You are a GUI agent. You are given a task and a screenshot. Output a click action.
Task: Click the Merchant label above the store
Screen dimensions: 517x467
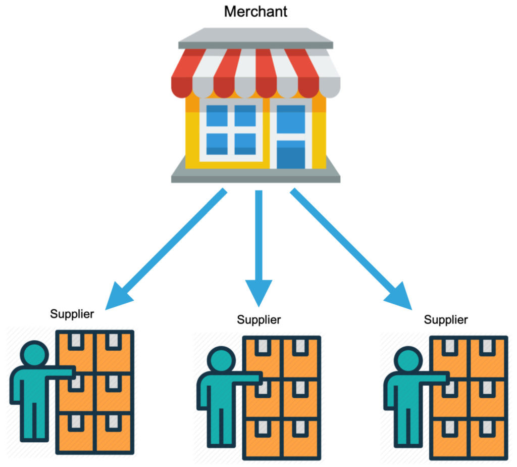tap(255, 12)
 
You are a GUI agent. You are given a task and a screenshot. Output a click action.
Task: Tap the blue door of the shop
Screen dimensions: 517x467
tap(290, 136)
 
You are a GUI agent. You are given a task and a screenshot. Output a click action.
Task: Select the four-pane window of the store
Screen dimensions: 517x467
tap(231, 130)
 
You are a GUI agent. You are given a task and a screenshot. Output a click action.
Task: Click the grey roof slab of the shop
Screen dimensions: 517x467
tap(255, 38)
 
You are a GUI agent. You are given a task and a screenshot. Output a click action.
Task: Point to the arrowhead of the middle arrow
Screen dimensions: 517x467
tap(259, 292)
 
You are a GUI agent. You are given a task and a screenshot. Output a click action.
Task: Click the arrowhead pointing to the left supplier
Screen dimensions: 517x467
tap(117, 298)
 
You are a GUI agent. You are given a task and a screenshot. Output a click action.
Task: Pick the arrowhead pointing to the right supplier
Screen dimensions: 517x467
tap(400, 298)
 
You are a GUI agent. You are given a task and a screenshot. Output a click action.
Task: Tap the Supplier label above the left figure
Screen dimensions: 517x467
tap(72, 314)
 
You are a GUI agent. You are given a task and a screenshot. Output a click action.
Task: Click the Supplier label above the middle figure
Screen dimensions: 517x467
tap(259, 320)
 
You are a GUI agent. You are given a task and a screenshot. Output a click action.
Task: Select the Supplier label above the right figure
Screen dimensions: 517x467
tap(446, 320)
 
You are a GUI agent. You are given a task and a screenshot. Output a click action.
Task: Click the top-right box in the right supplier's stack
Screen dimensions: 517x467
tap(488, 357)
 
